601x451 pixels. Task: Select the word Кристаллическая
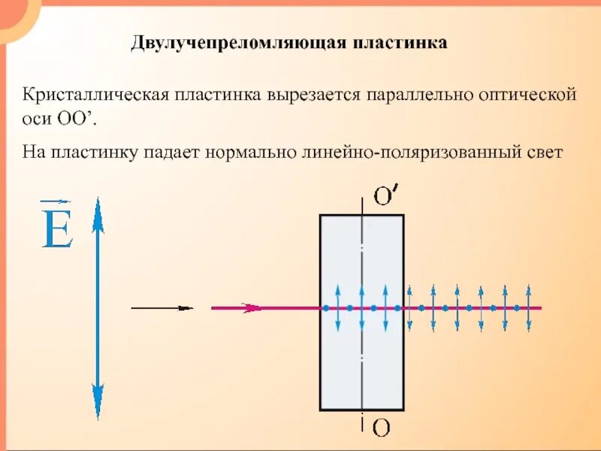(x=95, y=96)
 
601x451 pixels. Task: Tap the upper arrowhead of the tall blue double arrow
(x=97, y=210)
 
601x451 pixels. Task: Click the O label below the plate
(x=381, y=428)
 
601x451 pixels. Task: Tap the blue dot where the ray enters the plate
(x=325, y=308)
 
